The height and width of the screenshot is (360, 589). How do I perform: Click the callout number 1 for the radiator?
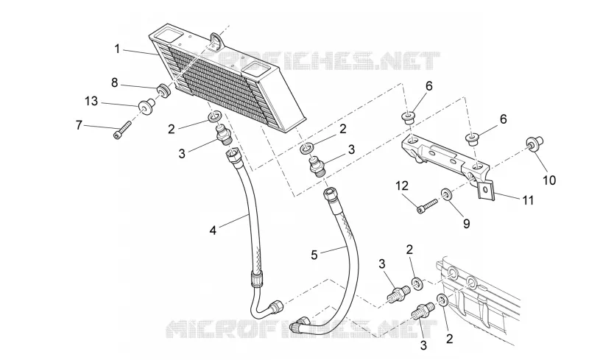(x=117, y=49)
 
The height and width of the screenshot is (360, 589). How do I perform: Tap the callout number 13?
(x=91, y=101)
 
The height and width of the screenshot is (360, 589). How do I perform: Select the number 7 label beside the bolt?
(x=79, y=124)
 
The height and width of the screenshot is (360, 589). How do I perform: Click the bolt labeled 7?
(x=122, y=130)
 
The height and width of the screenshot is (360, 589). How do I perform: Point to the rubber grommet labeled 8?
(x=163, y=91)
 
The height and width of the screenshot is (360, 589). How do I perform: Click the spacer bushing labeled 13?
(x=146, y=105)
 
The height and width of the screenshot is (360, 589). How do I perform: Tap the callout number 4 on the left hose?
(x=213, y=230)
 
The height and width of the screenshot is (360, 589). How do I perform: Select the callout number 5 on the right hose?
(x=314, y=255)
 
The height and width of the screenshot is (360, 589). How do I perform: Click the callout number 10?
(x=549, y=180)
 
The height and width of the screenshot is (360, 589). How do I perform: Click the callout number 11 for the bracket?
(x=528, y=200)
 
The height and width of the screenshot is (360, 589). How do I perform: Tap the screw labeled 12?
(x=427, y=205)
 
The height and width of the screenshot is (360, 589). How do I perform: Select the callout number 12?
(x=401, y=186)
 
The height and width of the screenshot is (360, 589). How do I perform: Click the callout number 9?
(x=466, y=224)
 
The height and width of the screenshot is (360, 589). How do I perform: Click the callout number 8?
(x=115, y=82)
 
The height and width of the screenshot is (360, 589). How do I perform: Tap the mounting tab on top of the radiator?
(x=216, y=41)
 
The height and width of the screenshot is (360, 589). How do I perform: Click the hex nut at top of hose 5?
(x=329, y=194)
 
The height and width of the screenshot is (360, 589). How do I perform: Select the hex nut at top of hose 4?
(x=232, y=153)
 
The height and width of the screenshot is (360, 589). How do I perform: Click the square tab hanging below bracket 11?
(x=485, y=190)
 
